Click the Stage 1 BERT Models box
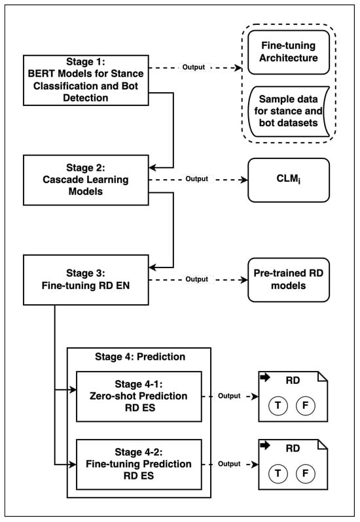86,80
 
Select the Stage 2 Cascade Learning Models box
86,180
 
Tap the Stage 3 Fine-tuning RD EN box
86,280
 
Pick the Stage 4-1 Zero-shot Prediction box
139,396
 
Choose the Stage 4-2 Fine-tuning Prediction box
139,464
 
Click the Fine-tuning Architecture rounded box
289,52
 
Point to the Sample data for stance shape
289,111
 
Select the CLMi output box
289,180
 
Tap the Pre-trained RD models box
289,280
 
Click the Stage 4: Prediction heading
140,357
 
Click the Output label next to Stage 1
194,67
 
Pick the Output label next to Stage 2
197,179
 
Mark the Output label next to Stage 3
197,279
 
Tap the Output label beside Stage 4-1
229,396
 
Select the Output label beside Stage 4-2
229,464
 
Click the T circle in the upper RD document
278,406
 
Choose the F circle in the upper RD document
306,406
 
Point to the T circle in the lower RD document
278,474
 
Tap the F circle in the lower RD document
306,474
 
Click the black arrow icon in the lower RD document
265,445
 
